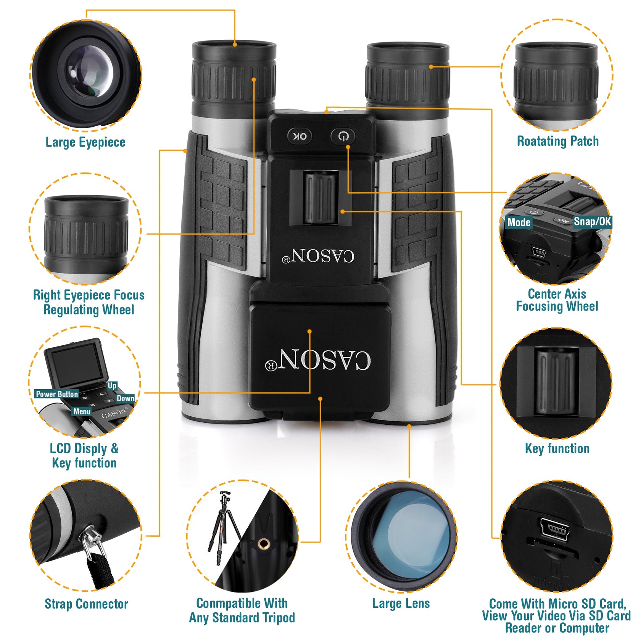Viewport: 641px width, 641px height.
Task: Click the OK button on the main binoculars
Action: click(x=300, y=136)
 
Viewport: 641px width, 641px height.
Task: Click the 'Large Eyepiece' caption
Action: click(x=85, y=143)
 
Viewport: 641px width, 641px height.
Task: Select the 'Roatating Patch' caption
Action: click(x=557, y=141)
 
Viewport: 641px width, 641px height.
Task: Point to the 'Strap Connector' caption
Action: click(x=86, y=604)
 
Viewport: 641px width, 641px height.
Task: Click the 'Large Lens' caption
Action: click(x=401, y=603)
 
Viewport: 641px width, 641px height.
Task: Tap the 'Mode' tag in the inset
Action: click(x=519, y=222)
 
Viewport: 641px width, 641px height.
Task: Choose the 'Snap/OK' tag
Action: click(x=593, y=221)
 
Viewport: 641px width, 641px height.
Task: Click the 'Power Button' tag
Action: click(x=57, y=394)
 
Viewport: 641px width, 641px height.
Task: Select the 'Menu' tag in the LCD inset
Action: click(x=82, y=411)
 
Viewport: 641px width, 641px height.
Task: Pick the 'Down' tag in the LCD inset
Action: click(x=126, y=398)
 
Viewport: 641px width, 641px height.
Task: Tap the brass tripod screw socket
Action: click(x=262, y=543)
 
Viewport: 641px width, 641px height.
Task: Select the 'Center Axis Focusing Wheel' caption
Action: click(x=557, y=300)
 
